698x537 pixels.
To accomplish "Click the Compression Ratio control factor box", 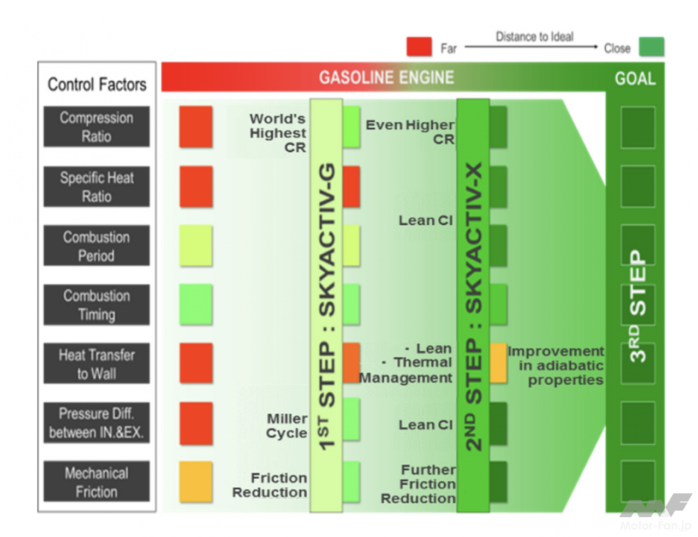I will (x=97, y=127).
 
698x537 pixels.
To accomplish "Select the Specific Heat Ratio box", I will (x=97, y=187).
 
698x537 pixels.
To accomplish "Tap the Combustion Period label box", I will (x=97, y=246).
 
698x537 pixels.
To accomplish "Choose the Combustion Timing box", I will (x=97, y=305).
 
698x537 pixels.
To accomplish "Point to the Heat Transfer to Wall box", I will (x=97, y=364).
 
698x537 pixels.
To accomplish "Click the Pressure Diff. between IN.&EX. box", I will (x=97, y=423).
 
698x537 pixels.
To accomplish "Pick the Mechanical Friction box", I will (x=97, y=482).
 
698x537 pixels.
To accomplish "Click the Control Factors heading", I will (x=97, y=85).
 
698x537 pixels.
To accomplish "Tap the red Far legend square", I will (x=419, y=47).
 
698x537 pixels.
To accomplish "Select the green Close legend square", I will (x=652, y=47).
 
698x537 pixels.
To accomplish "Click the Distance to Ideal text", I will (x=534, y=37).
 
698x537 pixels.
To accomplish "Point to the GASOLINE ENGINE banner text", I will (x=386, y=77).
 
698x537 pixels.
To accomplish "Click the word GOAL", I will (x=635, y=79).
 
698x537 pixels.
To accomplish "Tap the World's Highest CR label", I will (x=278, y=133).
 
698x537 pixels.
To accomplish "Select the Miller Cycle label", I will (x=287, y=426).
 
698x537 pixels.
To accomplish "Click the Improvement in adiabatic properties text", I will (x=557, y=366).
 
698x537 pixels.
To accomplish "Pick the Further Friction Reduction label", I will (x=419, y=484).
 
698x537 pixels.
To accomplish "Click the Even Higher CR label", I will (x=410, y=132).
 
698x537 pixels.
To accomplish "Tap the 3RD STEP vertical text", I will (x=637, y=306).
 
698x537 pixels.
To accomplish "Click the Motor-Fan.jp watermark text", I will (x=655, y=526).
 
